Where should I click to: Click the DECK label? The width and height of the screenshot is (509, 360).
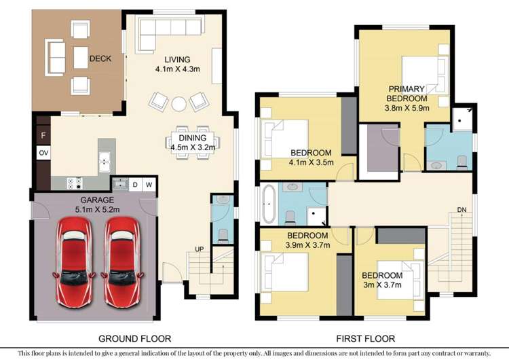click(x=100, y=59)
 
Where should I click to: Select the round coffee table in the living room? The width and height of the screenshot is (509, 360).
click(x=178, y=103)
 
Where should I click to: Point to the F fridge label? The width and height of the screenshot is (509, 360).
click(x=43, y=136)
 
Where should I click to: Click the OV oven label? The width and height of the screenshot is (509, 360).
click(x=43, y=153)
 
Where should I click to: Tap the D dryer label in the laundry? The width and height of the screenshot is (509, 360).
click(x=135, y=184)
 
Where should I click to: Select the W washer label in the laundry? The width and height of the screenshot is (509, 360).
click(x=149, y=184)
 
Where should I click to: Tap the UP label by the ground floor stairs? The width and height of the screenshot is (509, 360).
click(x=200, y=249)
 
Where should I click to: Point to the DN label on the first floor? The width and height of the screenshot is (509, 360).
click(x=461, y=209)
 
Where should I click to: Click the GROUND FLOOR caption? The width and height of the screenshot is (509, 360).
click(x=134, y=338)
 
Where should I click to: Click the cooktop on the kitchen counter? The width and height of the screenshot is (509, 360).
click(x=73, y=183)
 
